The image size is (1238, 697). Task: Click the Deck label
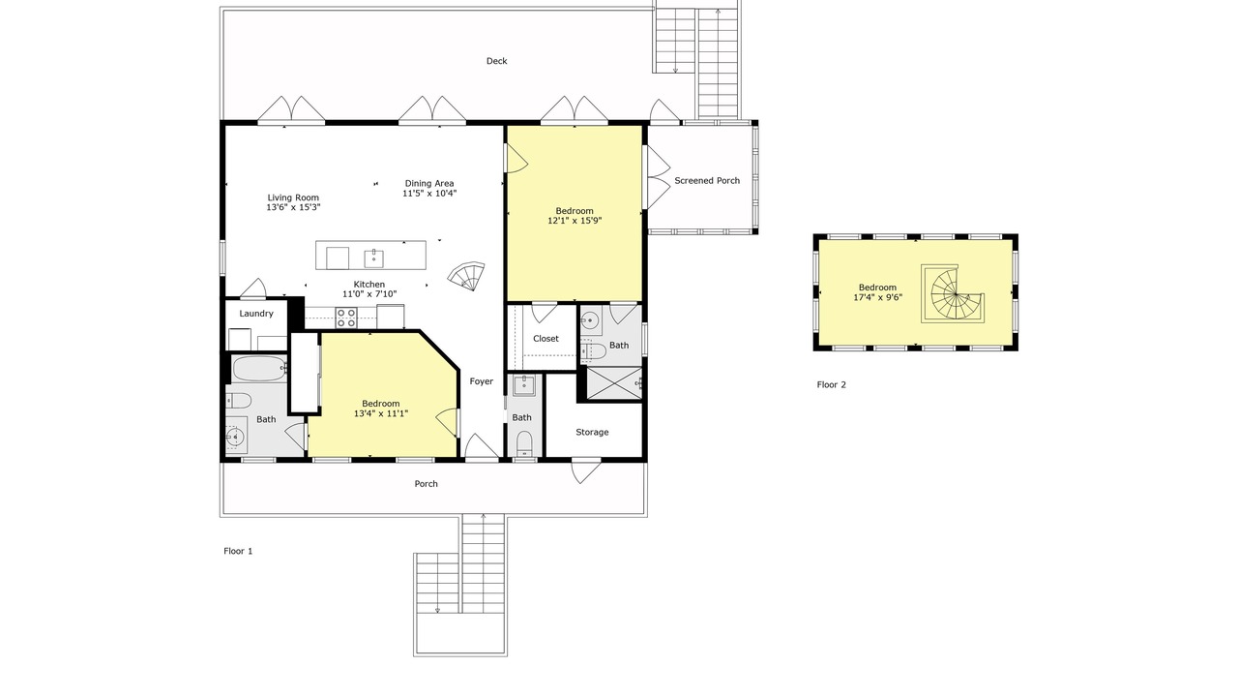(496, 61)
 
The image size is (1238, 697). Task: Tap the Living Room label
(293, 197)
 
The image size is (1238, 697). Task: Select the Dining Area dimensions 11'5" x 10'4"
(429, 194)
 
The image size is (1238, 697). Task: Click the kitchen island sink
(374, 258)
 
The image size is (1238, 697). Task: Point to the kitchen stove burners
(346, 318)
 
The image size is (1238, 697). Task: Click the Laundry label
(256, 314)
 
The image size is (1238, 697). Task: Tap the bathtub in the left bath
(258, 369)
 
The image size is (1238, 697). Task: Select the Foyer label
(482, 381)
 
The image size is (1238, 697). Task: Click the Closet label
(545, 339)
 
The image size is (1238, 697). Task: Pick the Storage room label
(592, 432)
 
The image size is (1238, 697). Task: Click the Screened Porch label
(707, 180)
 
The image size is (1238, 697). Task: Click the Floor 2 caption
(831, 385)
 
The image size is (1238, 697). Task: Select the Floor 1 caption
(238, 551)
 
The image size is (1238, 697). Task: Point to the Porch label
(427, 484)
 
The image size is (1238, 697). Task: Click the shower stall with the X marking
(614, 382)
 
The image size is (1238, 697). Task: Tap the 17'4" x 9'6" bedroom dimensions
(877, 297)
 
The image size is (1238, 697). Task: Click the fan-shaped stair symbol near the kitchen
(467, 276)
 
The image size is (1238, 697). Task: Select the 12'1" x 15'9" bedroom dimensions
(575, 221)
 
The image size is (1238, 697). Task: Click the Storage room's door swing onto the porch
(585, 470)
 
